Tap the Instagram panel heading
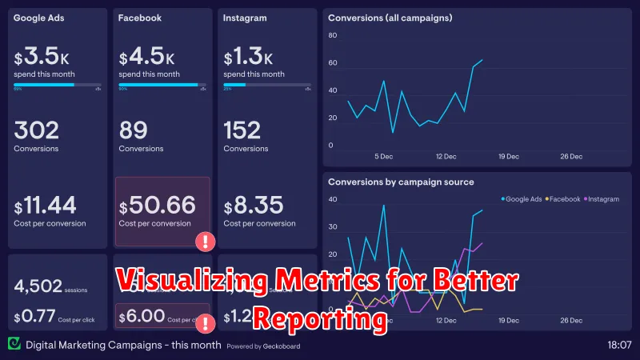245,17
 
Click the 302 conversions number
37,130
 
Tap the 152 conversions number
242,130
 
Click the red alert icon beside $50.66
206,240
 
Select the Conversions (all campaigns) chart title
389,17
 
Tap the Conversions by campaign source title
401,182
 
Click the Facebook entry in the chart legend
563,198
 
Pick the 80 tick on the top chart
332,35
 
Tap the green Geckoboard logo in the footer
14,344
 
